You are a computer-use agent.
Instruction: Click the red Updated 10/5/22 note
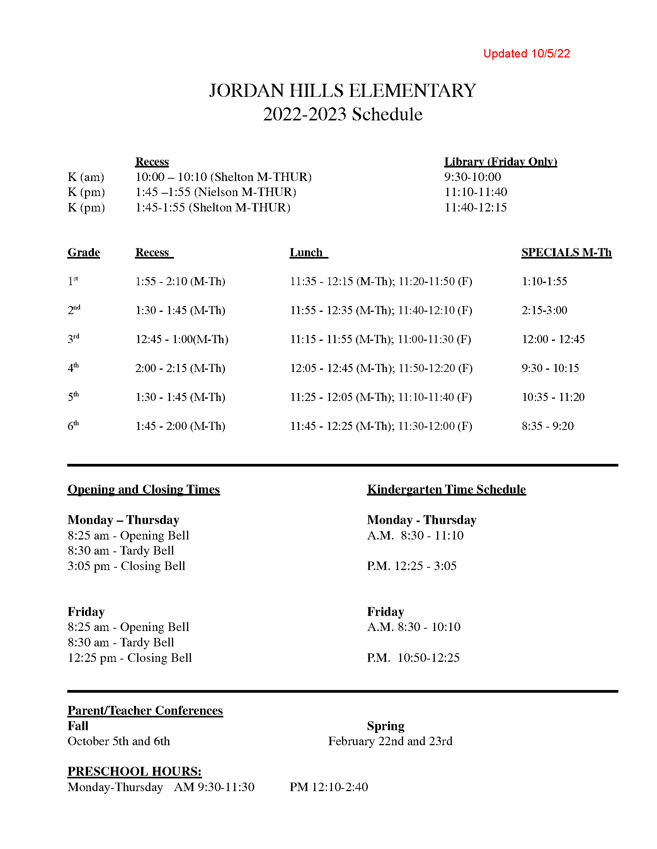coord(526,54)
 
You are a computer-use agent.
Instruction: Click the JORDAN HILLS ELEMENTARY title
coord(342,91)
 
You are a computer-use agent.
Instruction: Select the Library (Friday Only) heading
coord(500,162)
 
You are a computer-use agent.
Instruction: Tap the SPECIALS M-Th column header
coord(566,252)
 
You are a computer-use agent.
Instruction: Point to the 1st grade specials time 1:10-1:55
coord(544,281)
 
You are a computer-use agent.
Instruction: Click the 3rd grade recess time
coord(182,339)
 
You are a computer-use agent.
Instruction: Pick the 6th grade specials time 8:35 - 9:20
coord(548,426)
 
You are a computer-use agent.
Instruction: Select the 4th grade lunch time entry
coord(381,368)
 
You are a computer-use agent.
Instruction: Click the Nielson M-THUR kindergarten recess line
coord(216,192)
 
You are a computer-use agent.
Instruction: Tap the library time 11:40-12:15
coord(476,207)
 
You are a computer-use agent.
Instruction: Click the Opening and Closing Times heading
coord(144,489)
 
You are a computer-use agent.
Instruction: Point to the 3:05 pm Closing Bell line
coord(126,566)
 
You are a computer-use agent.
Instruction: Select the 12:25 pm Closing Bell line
coord(129,657)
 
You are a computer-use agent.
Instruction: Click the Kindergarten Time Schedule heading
coord(446,489)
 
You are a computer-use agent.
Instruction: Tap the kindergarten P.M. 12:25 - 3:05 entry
coord(412,566)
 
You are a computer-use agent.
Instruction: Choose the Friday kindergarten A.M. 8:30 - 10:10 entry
coord(414,627)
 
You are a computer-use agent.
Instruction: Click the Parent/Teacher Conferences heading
coord(145,710)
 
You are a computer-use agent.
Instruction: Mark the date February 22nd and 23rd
coord(390,741)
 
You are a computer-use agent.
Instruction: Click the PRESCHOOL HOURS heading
coord(134,771)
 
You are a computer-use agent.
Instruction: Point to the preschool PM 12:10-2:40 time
coord(328,787)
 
